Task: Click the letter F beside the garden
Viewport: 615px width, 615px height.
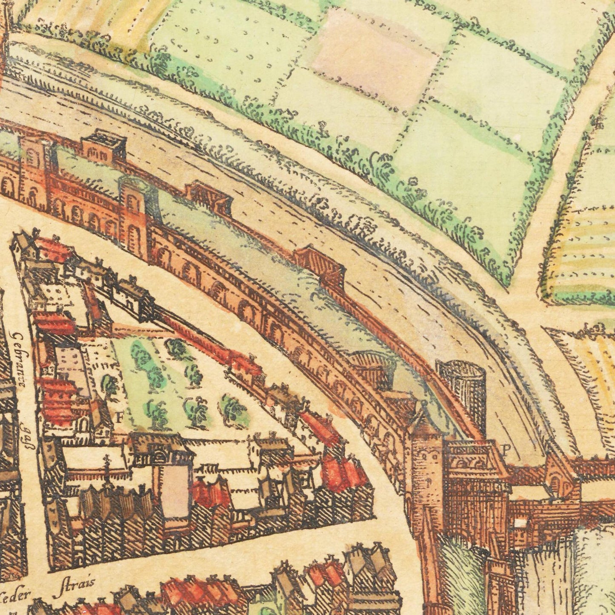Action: [x=120, y=417]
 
